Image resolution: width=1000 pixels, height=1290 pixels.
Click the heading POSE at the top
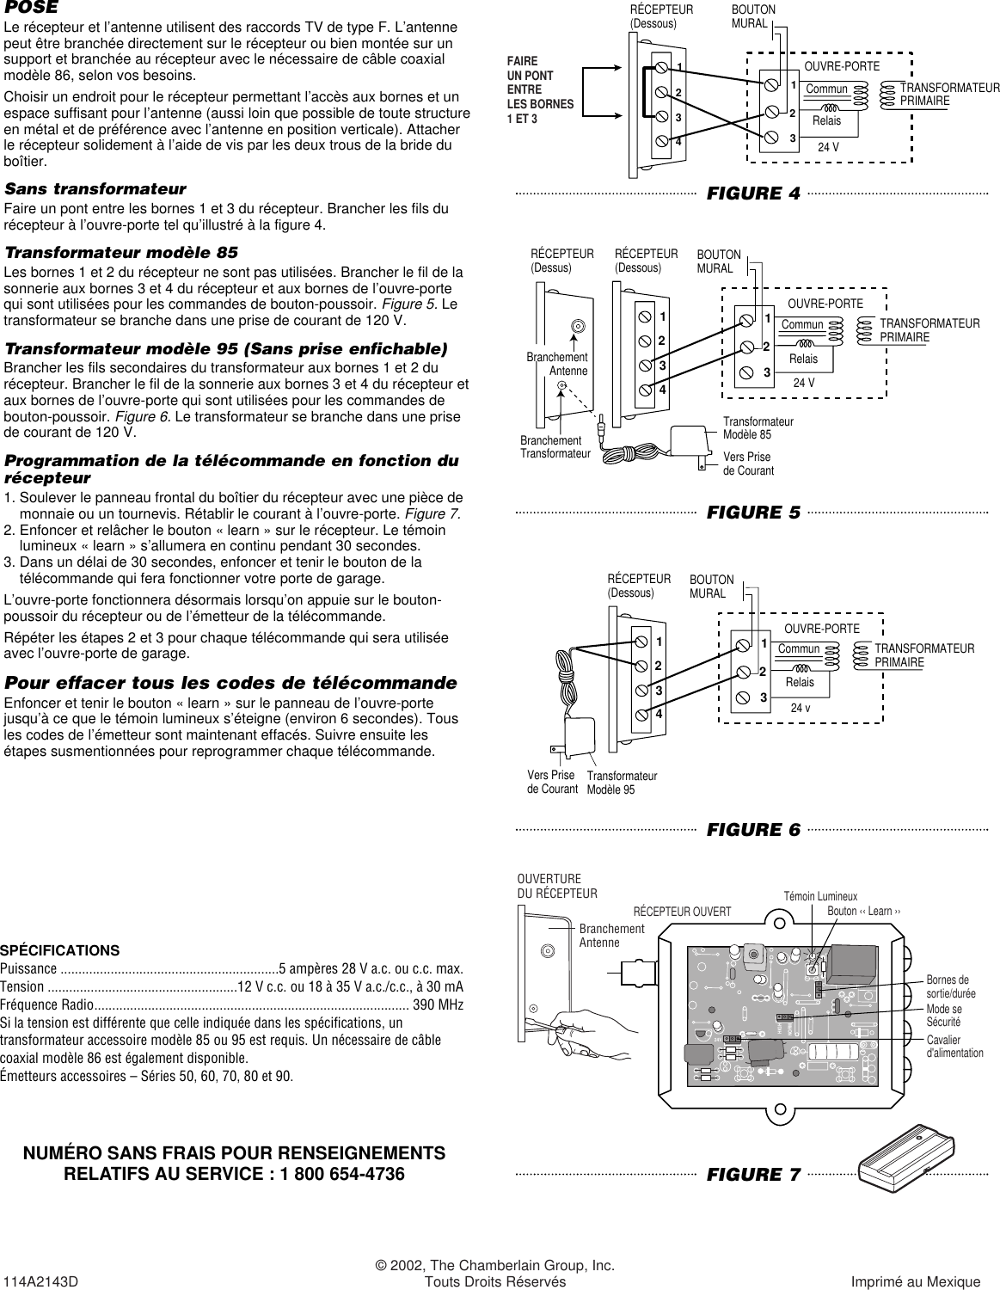32,8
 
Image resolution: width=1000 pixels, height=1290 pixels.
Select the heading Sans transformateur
95,188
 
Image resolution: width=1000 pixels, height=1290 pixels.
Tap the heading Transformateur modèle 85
121,253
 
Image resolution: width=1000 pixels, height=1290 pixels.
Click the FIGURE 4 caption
752,193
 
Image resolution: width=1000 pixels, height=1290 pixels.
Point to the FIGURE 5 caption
752,513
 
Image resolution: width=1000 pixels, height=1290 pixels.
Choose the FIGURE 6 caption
752,830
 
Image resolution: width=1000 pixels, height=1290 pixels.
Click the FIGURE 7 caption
752,1175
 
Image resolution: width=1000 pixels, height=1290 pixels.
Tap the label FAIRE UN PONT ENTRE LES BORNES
540,89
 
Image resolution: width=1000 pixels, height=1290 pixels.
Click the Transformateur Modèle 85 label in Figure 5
758,428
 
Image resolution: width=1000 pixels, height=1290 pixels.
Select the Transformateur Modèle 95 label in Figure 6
621,783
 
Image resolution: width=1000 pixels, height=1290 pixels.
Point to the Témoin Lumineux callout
819,896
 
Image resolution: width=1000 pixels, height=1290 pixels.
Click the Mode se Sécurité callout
943,1015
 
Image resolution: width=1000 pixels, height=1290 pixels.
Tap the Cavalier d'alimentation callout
954,1046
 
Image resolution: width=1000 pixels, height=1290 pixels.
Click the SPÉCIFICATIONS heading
59,950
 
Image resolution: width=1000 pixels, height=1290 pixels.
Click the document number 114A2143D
41,1281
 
